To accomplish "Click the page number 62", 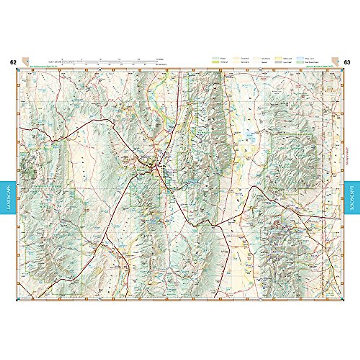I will pyautogui.click(x=13, y=62).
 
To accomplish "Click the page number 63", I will pyautogui.click(x=347, y=62).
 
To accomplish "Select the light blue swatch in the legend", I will pyautogui.click(x=300, y=58).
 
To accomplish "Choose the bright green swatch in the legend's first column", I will pyautogui.click(x=215, y=62).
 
